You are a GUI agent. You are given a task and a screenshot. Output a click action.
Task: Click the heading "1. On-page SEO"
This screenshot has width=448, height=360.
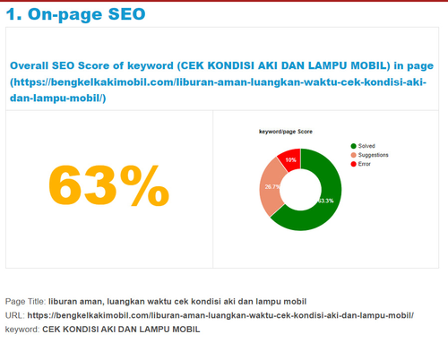tap(75, 14)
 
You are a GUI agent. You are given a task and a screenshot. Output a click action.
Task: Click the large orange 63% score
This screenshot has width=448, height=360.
tap(108, 185)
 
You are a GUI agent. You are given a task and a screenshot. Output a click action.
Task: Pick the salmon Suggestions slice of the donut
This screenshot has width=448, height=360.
tap(270, 187)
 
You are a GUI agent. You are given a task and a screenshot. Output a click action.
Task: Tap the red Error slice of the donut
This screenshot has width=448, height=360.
tap(290, 159)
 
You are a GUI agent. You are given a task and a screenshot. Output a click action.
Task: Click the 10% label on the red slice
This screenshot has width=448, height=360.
tap(290, 160)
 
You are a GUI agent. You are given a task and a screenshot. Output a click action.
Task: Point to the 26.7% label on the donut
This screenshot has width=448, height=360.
tap(272, 187)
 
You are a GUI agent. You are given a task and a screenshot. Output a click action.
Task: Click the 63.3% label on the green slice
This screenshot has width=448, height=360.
tap(326, 201)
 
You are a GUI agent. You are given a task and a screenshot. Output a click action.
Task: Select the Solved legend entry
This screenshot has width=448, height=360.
tap(363, 146)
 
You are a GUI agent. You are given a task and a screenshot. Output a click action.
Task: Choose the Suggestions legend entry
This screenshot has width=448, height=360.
tap(369, 155)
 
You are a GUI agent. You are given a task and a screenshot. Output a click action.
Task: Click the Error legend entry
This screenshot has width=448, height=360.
tap(360, 164)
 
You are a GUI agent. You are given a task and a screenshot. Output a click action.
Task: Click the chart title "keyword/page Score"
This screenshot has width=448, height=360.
tap(286, 132)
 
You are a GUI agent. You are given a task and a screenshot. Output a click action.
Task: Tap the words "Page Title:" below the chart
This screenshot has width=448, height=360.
tap(26, 302)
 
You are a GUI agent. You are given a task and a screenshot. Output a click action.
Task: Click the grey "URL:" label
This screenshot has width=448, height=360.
tap(15, 315)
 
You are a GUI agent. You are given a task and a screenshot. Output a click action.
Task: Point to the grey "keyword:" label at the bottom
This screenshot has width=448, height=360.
tap(22, 330)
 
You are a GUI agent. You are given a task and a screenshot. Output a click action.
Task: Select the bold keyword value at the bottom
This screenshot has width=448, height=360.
tap(121, 330)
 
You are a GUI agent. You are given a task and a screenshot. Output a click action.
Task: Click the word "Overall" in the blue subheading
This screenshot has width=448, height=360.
tap(30, 65)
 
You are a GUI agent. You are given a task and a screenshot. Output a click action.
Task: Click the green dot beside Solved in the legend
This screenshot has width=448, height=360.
tap(354, 146)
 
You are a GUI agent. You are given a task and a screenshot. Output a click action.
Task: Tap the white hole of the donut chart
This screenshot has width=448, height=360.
tap(300, 190)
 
